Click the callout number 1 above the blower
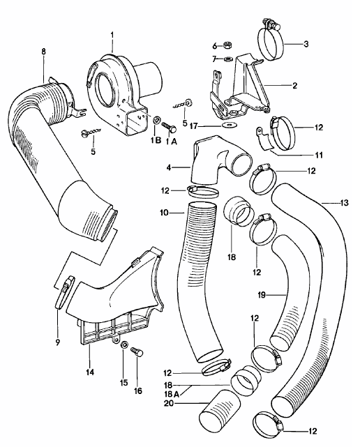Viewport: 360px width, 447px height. point(110,34)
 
